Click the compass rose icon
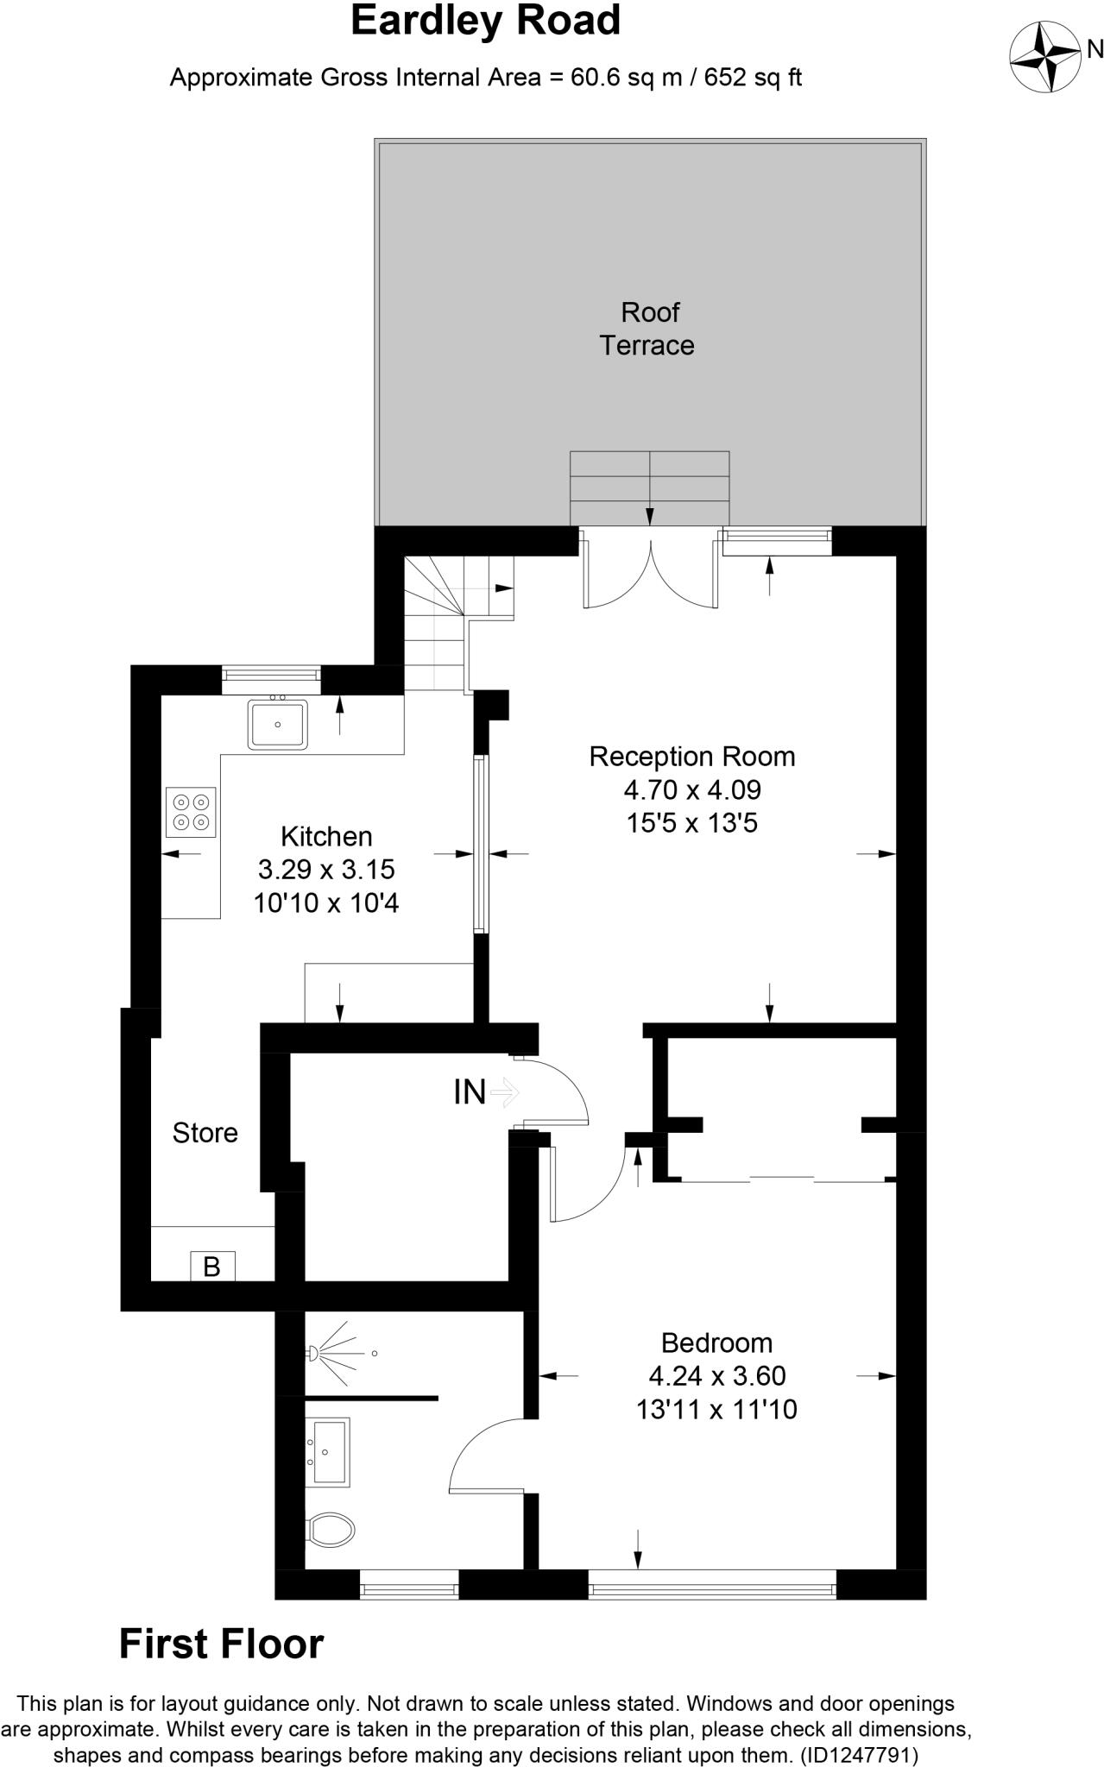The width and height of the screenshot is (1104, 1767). pyautogui.click(x=1046, y=56)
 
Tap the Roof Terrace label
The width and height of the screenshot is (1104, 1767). pyautogui.click(x=648, y=329)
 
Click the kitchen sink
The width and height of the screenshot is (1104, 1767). pyautogui.click(x=277, y=724)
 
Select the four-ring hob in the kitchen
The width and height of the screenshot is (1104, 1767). pyautogui.click(x=191, y=812)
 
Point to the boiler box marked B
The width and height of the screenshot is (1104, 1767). pyautogui.click(x=212, y=1267)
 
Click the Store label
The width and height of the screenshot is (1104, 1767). pyautogui.click(x=205, y=1133)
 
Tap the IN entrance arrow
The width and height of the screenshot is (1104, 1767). pyautogui.click(x=503, y=1093)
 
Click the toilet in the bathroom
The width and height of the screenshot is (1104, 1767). pyautogui.click(x=330, y=1530)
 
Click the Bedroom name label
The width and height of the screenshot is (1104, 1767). pyautogui.click(x=716, y=1343)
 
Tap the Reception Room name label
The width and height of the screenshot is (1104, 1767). pyautogui.click(x=691, y=757)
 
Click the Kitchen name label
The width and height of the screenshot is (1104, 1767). pyautogui.click(x=326, y=836)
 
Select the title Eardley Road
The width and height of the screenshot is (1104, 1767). pyautogui.click(x=485, y=21)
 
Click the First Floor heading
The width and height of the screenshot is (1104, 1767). pyautogui.click(x=221, y=1644)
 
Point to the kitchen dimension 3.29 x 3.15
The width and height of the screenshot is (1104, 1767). pyautogui.click(x=326, y=870)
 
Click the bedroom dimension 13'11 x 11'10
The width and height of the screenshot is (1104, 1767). pyautogui.click(x=716, y=1410)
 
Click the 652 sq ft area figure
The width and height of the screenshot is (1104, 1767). pyautogui.click(x=754, y=78)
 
